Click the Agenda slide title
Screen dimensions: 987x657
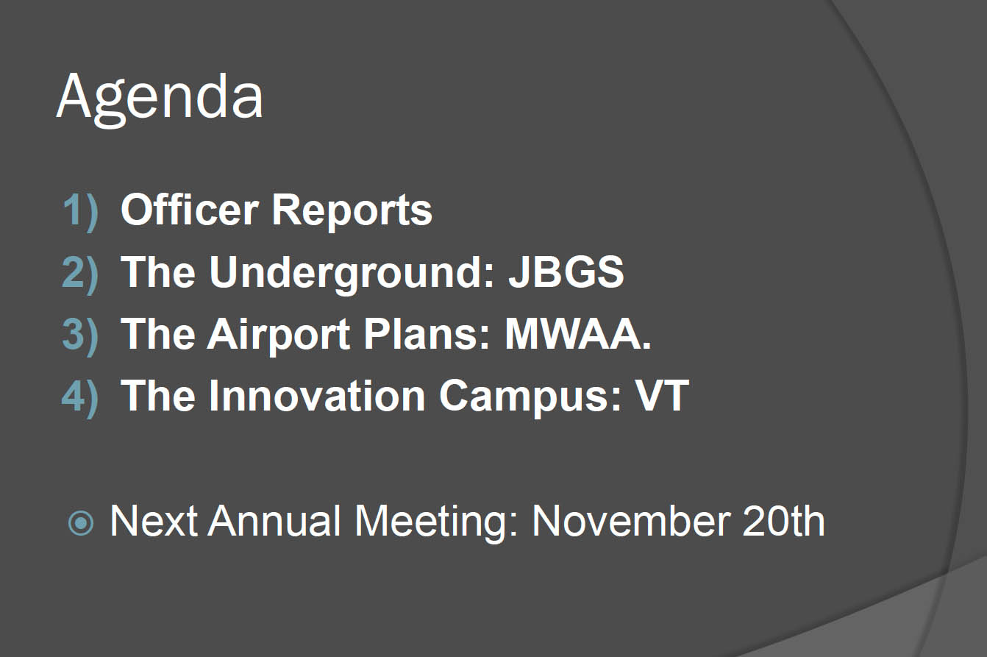tap(160, 99)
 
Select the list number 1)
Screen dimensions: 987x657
tap(81, 212)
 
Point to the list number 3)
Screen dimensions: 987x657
tap(80, 335)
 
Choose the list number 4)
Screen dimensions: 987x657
tap(80, 398)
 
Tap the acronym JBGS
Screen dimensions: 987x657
tap(566, 272)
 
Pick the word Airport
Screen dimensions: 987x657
tap(279, 335)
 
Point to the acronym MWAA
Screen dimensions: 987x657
tap(577, 334)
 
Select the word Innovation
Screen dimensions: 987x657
tap(317, 396)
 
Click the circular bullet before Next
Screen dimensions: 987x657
tap(81, 524)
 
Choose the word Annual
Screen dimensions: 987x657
tap(274, 520)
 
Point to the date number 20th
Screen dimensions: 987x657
tap(783, 520)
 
